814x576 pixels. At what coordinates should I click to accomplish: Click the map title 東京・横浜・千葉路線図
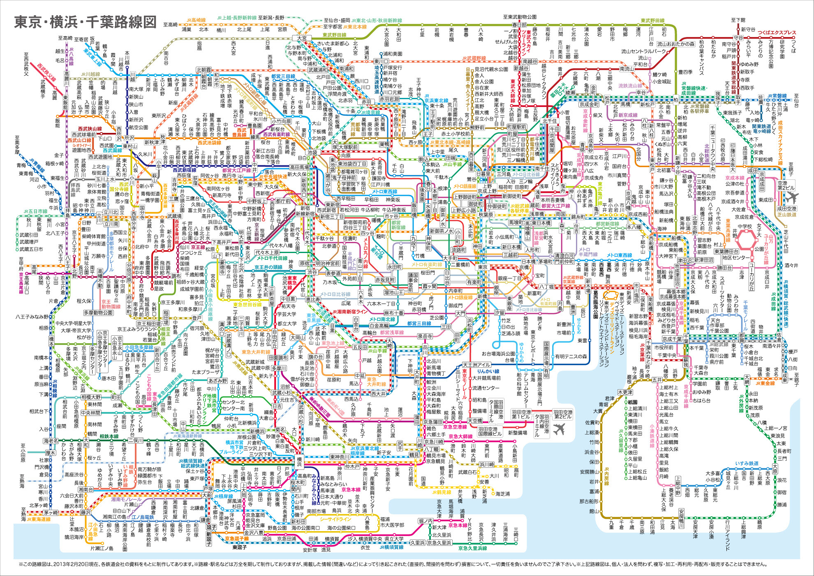click(x=86, y=22)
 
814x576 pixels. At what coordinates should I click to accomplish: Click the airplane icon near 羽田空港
click(x=559, y=429)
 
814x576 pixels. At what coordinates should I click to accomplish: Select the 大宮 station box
click(x=302, y=38)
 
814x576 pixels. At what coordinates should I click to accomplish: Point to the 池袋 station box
click(x=313, y=152)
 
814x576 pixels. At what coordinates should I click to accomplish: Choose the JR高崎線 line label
click(x=196, y=20)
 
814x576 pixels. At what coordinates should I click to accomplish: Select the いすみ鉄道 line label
click(x=747, y=463)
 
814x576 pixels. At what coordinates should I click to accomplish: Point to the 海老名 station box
click(x=51, y=441)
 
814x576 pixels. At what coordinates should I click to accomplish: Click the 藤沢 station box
click(x=86, y=513)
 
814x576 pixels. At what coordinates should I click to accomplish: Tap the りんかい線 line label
click(x=488, y=372)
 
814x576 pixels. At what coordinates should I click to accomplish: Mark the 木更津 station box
click(x=625, y=392)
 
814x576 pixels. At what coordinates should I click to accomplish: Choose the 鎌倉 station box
click(x=205, y=520)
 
